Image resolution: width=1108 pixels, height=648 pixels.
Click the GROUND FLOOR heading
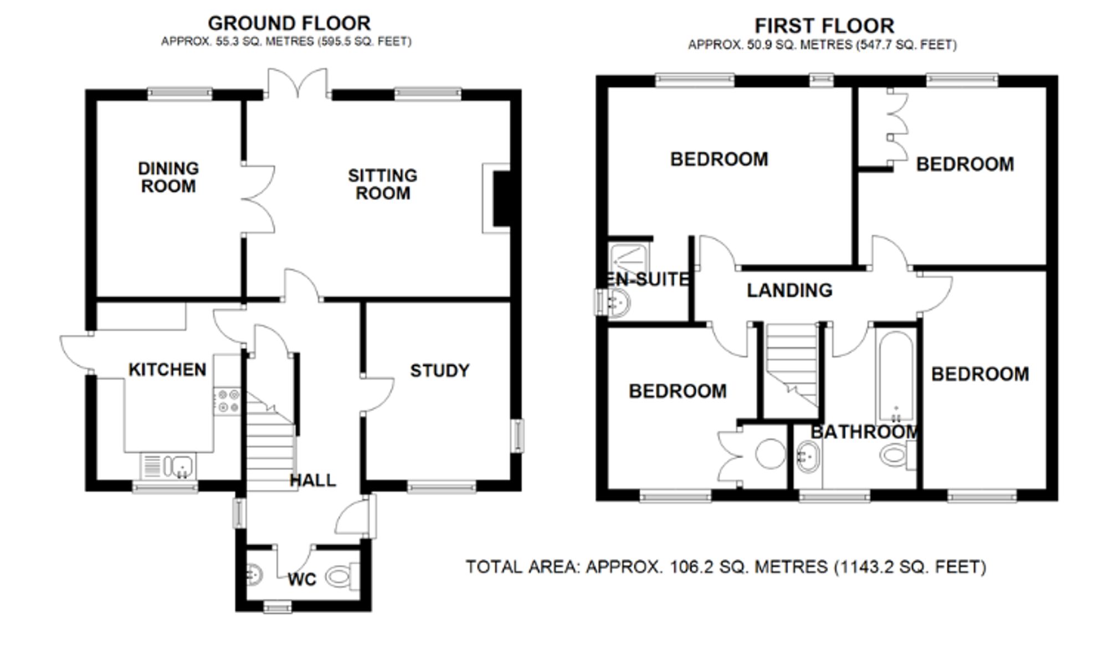[289, 23]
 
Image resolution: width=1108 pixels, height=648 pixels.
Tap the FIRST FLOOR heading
[824, 26]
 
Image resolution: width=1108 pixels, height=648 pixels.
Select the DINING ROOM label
[168, 177]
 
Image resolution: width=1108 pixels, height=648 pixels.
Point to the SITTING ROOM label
[382, 184]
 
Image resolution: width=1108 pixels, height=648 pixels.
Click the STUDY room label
[440, 370]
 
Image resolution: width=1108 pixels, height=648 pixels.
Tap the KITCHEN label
[167, 369]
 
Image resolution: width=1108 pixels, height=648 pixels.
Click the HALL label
[313, 480]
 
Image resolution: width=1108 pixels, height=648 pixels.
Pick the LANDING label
[789, 290]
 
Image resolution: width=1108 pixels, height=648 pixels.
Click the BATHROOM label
[865, 432]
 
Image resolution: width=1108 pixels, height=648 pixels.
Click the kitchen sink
[168, 466]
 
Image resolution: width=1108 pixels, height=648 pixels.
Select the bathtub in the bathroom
[895, 377]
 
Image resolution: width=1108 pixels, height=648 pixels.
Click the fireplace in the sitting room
[497, 198]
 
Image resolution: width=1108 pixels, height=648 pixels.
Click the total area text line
[726, 567]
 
